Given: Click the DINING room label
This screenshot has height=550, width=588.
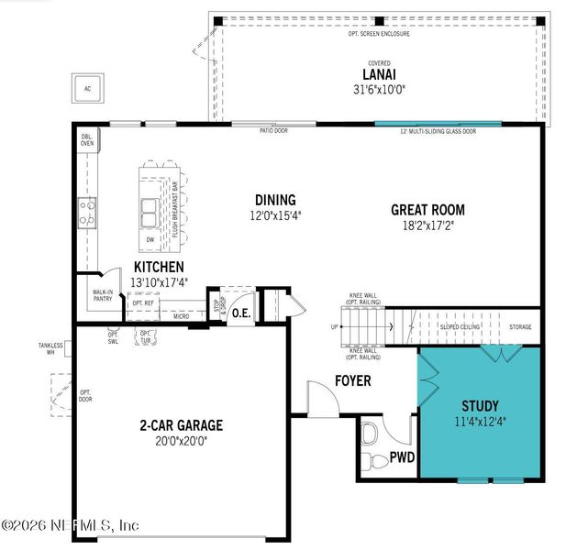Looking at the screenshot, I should pyautogui.click(x=274, y=200).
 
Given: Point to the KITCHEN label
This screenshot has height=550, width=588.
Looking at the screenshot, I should pyautogui.click(x=152, y=267).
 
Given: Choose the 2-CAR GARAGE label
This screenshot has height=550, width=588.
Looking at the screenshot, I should pyautogui.click(x=181, y=425).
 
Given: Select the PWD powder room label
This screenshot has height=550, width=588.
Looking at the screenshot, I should pyautogui.click(x=402, y=456).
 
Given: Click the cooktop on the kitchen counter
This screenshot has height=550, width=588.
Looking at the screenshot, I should pyautogui.click(x=87, y=214).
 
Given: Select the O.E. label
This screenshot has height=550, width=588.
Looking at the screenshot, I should pyautogui.click(x=241, y=313).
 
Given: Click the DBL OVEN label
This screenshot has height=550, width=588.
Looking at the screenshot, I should pyautogui.click(x=88, y=139).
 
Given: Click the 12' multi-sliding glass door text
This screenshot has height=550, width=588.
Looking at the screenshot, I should pyautogui.click(x=438, y=132).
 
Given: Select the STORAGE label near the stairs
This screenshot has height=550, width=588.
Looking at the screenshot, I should pyautogui.click(x=520, y=326).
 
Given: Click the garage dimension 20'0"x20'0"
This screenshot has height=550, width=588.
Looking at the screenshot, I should pyautogui.click(x=181, y=441).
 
